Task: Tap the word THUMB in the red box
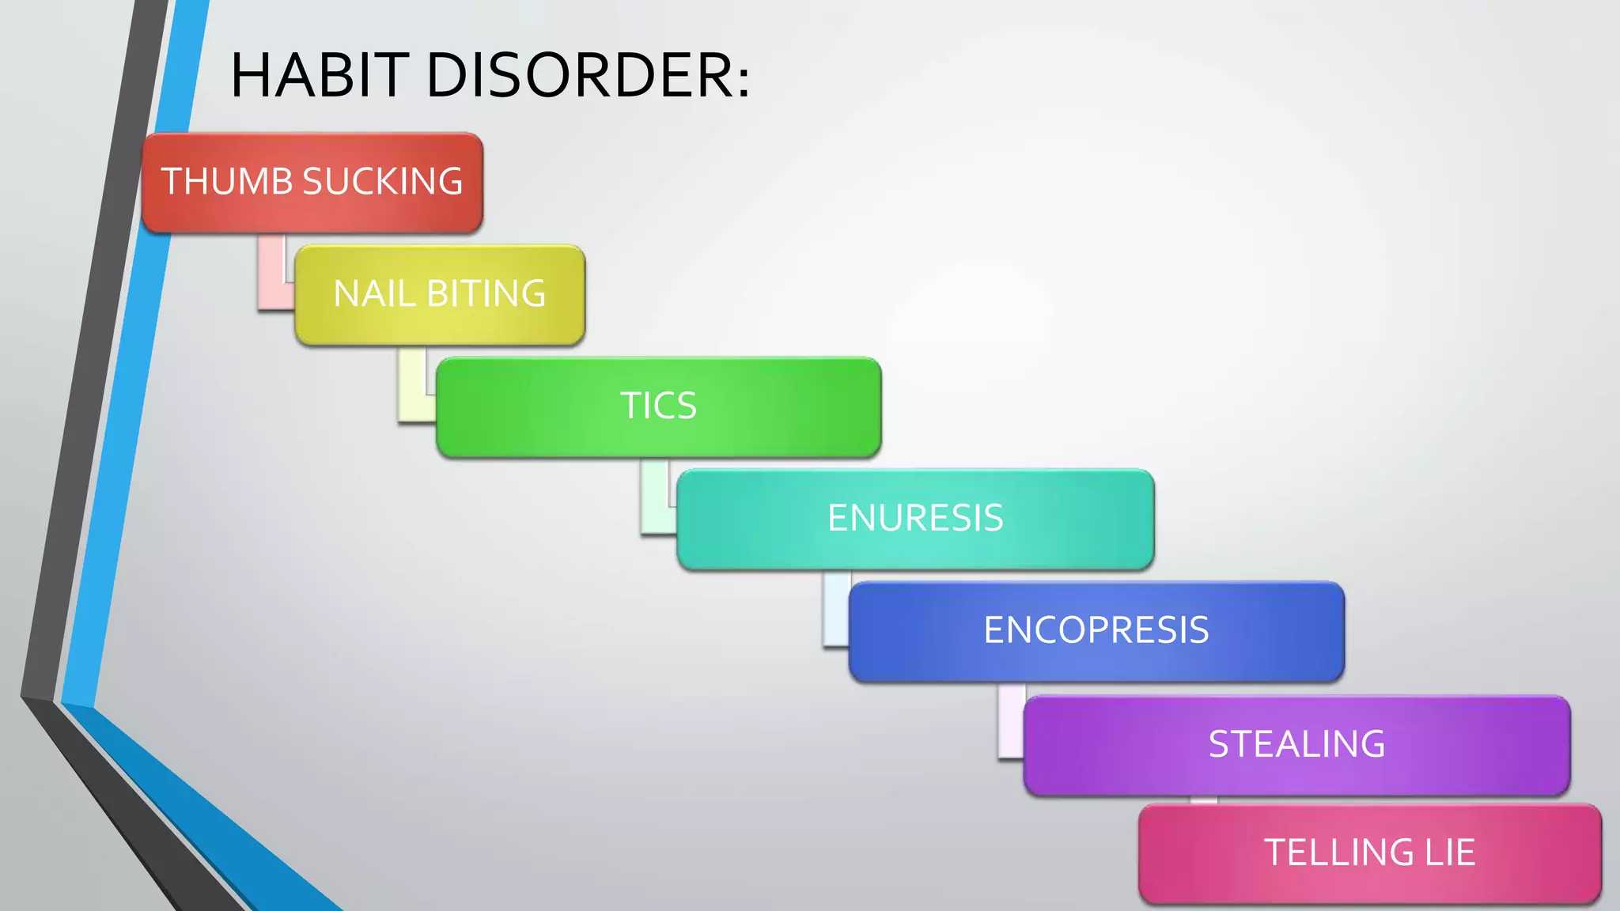(x=227, y=181)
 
